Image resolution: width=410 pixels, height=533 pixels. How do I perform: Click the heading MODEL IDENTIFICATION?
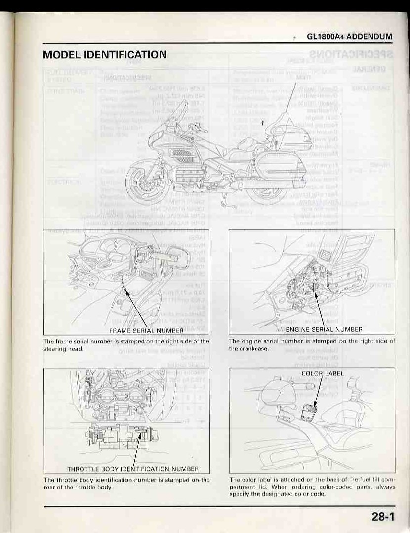click(x=105, y=54)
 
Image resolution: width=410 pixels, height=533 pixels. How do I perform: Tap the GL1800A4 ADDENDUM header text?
click(x=349, y=37)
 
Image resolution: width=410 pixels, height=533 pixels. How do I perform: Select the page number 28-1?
click(x=384, y=517)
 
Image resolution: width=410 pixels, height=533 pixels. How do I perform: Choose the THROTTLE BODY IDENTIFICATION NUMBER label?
click(x=132, y=468)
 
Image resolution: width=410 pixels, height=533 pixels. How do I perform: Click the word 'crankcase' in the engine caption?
click(x=257, y=348)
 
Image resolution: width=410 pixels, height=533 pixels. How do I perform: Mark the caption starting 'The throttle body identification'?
click(x=127, y=483)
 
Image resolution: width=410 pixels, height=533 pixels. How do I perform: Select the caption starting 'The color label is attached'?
click(x=312, y=487)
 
